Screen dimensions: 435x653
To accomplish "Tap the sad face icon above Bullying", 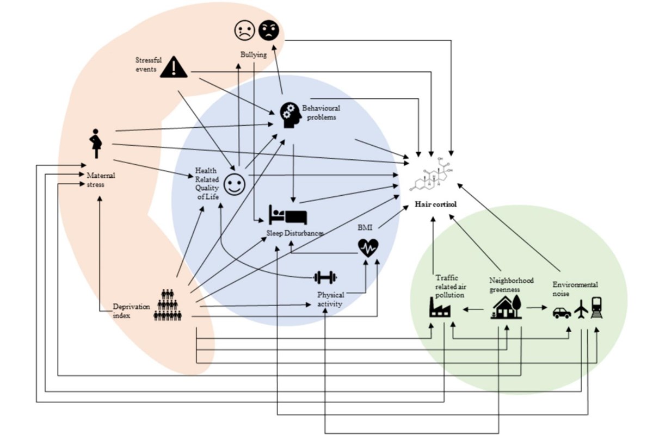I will tap(245, 30).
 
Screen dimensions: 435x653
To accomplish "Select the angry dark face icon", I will tap(268, 30).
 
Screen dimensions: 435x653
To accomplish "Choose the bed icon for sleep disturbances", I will tap(287, 215).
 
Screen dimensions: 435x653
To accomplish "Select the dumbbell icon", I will tap(325, 278).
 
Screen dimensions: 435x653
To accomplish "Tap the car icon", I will tap(562, 313).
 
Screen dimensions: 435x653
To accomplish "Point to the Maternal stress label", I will tap(101, 180).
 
